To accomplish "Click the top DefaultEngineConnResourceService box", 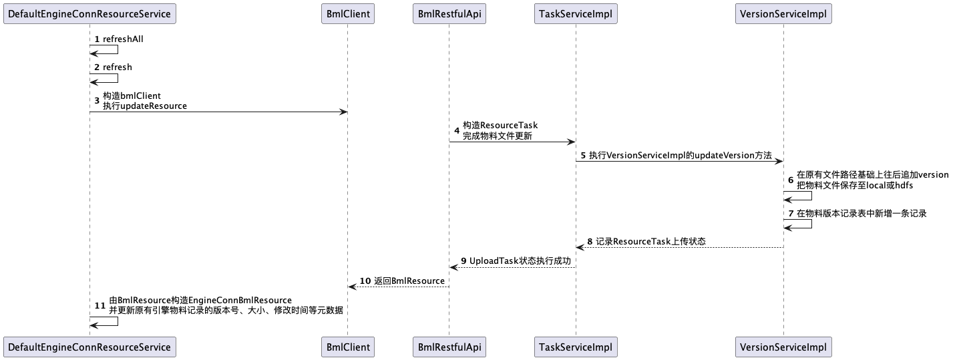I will point(89,13).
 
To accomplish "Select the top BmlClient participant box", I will point(347,13).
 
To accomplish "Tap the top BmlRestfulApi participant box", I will point(448,13).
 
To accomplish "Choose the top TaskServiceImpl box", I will point(576,13).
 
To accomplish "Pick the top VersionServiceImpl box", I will point(783,13).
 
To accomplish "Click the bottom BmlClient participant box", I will point(347,347).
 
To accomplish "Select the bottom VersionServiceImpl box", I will point(783,347).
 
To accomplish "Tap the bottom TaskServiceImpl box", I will point(576,347).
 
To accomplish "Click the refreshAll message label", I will point(123,39).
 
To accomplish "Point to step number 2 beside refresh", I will point(97,67).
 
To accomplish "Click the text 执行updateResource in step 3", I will point(145,106).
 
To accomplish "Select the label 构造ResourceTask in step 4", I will point(500,126).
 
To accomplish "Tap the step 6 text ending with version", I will point(872,175).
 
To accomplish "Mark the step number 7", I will point(791,214).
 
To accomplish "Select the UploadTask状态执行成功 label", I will point(520,261).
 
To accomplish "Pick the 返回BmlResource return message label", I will point(409,281).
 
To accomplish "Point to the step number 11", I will point(100,305).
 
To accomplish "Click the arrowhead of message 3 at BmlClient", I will point(343,112).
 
